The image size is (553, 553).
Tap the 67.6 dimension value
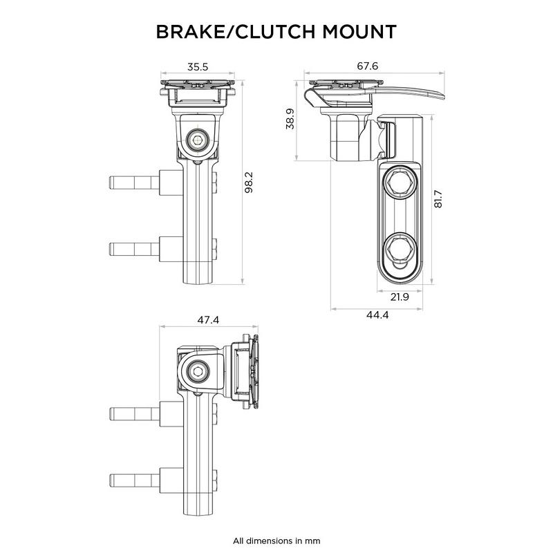(x=367, y=66)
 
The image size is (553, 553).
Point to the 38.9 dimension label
(x=290, y=118)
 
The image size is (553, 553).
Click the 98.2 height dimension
(x=250, y=182)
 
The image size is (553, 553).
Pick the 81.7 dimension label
(x=438, y=198)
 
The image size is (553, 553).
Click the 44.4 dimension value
(x=376, y=315)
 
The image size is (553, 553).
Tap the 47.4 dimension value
(x=207, y=320)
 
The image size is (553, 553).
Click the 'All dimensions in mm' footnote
(x=276, y=540)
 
